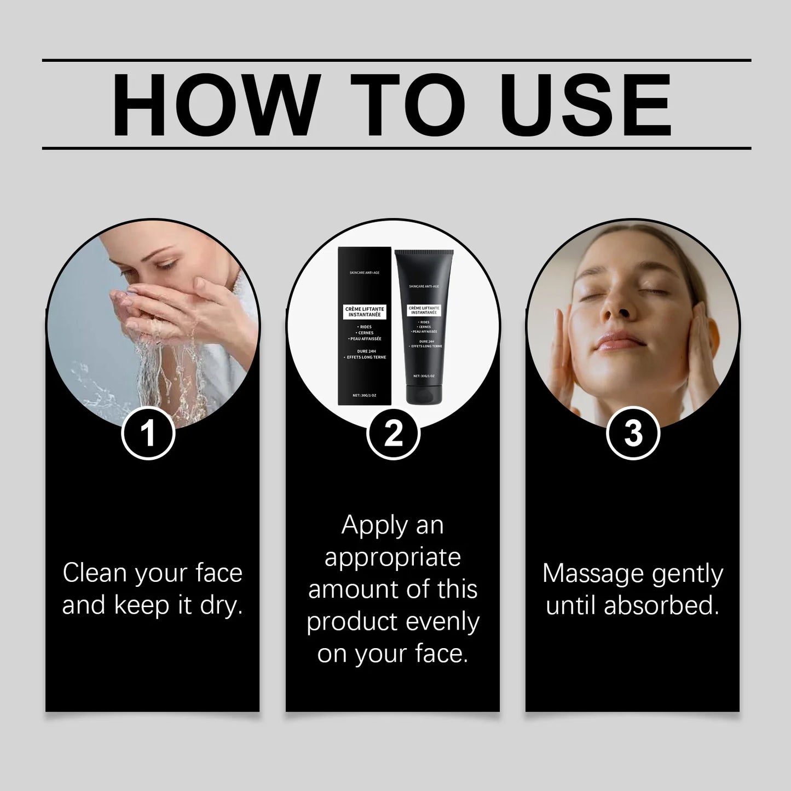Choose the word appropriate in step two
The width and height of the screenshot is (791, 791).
[392, 558]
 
